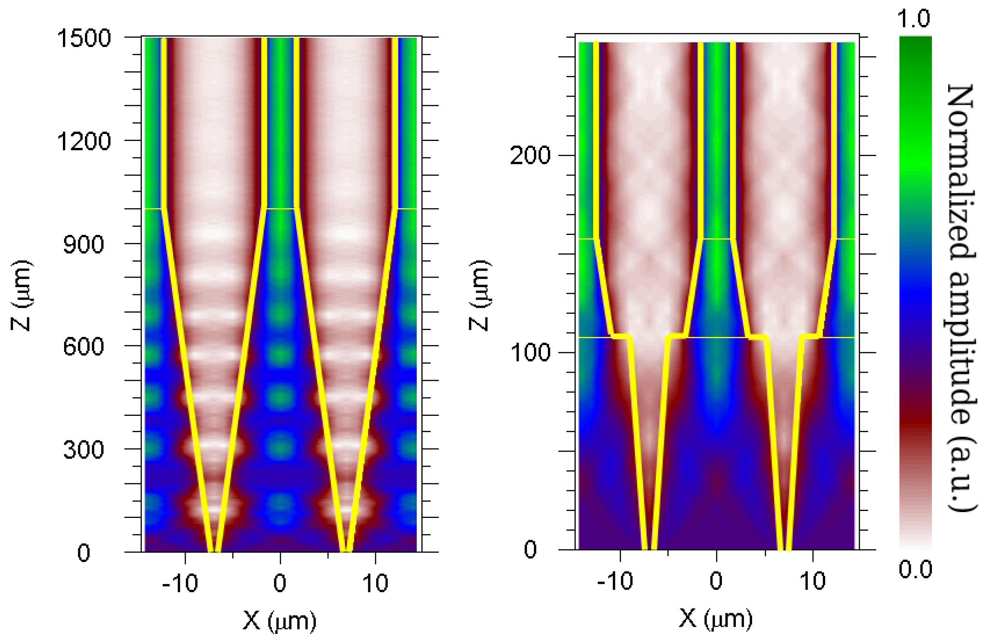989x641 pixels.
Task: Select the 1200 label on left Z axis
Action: pyautogui.click(x=84, y=141)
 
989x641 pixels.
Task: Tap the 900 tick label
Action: pyautogui.click(x=84, y=244)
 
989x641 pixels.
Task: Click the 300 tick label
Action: pyautogui.click(x=84, y=449)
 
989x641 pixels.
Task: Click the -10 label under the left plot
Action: pyautogui.click(x=180, y=583)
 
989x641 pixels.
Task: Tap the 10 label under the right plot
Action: pyautogui.click(x=813, y=581)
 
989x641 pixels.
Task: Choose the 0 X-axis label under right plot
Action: pyautogui.click(x=716, y=581)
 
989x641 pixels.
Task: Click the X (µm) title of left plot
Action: pyautogui.click(x=280, y=622)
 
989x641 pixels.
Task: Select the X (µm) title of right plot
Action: pyautogui.click(x=716, y=619)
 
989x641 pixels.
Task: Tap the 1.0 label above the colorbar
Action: pyautogui.click(x=913, y=18)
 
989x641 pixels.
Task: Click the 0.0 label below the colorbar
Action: pyautogui.click(x=916, y=569)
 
